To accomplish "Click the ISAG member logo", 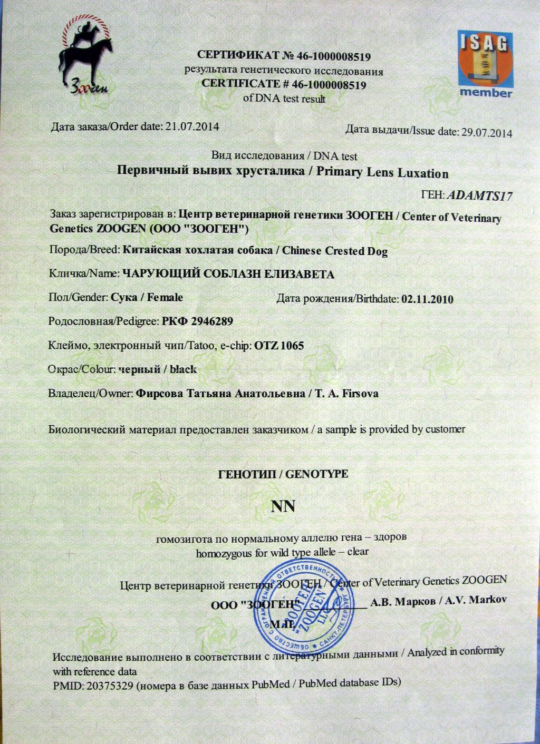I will [485, 64].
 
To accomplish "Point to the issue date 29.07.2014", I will [486, 132].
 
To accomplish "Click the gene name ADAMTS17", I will [479, 197].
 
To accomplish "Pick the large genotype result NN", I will [283, 506].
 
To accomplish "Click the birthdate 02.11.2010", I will [427, 299].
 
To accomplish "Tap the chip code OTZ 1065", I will [279, 346].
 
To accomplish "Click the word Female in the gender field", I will [165, 297].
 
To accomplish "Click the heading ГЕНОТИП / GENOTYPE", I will [283, 474].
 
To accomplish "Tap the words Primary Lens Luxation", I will [382, 173].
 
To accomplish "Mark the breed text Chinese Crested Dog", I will [335, 251].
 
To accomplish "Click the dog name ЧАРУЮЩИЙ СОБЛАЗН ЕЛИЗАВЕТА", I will [228, 274].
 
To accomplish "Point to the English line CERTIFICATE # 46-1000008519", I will [284, 84].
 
